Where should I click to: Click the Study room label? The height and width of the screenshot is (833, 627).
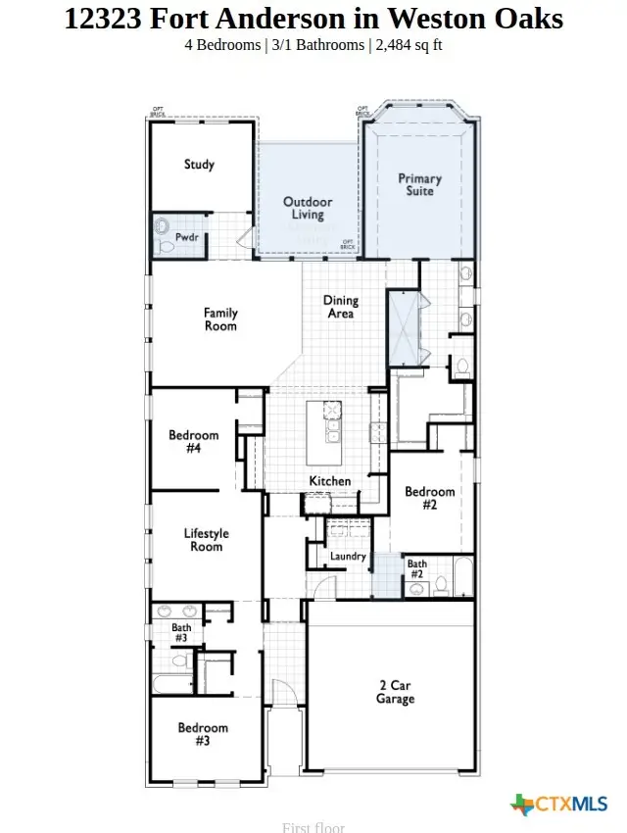(199, 165)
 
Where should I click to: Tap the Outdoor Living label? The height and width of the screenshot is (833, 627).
(308, 209)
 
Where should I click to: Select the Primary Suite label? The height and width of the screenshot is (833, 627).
(419, 185)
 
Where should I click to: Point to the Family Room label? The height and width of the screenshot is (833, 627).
(220, 319)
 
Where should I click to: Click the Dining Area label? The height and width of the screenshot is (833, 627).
(341, 308)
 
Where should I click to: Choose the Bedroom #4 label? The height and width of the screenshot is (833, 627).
(193, 442)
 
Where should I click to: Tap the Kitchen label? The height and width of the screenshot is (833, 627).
(330, 481)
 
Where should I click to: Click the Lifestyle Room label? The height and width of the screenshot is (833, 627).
(206, 540)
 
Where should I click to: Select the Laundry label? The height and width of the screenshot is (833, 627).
(348, 557)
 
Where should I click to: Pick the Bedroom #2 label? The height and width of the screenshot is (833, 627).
(429, 498)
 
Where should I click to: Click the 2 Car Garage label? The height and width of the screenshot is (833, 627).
(396, 692)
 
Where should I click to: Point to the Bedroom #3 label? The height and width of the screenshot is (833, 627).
(203, 734)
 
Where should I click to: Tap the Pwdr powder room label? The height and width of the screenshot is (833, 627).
(187, 237)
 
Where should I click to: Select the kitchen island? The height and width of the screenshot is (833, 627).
(323, 432)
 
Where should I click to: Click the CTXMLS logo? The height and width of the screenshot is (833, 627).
(559, 805)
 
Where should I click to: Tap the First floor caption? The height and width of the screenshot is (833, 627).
(313, 827)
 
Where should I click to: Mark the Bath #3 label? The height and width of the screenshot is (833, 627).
(181, 633)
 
